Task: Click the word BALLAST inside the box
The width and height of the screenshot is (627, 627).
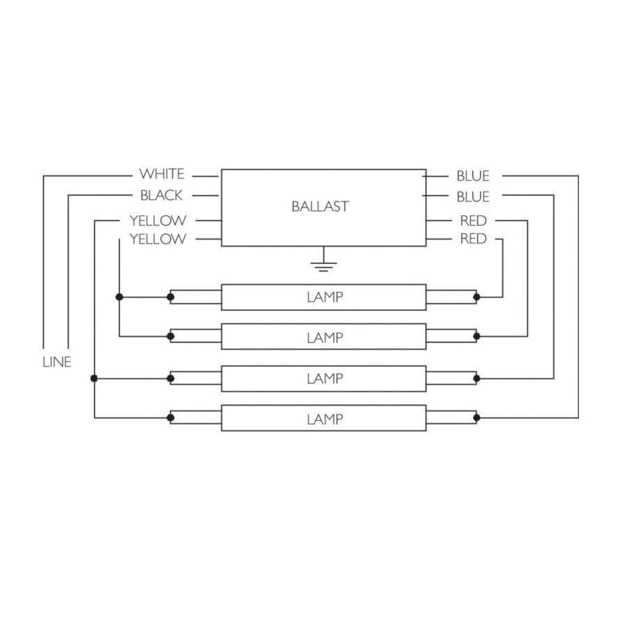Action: (320, 206)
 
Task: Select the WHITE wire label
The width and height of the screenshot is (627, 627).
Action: (162, 174)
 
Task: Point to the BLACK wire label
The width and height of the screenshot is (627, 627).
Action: (161, 196)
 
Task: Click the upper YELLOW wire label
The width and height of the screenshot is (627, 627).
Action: (157, 221)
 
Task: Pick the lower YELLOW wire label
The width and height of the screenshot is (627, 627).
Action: (157, 240)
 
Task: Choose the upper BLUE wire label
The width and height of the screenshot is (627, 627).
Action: (473, 176)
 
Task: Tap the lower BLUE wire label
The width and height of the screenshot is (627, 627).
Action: (473, 197)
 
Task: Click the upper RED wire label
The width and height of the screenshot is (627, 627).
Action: (473, 221)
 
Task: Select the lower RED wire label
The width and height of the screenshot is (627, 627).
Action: (473, 240)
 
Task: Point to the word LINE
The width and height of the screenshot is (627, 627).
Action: (57, 362)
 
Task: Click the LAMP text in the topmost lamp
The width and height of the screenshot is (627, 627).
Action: (325, 297)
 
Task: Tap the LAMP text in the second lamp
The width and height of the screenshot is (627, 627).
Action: (325, 338)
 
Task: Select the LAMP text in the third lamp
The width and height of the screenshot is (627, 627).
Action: (325, 379)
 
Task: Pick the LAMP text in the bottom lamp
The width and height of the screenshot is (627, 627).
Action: (325, 419)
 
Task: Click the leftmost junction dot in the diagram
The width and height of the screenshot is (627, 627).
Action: (94, 378)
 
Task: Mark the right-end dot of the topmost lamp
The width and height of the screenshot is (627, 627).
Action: (477, 297)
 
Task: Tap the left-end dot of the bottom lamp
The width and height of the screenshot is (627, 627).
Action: (171, 418)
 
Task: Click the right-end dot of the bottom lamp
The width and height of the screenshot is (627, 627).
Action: (477, 418)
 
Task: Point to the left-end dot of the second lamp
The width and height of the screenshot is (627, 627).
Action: (171, 336)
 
